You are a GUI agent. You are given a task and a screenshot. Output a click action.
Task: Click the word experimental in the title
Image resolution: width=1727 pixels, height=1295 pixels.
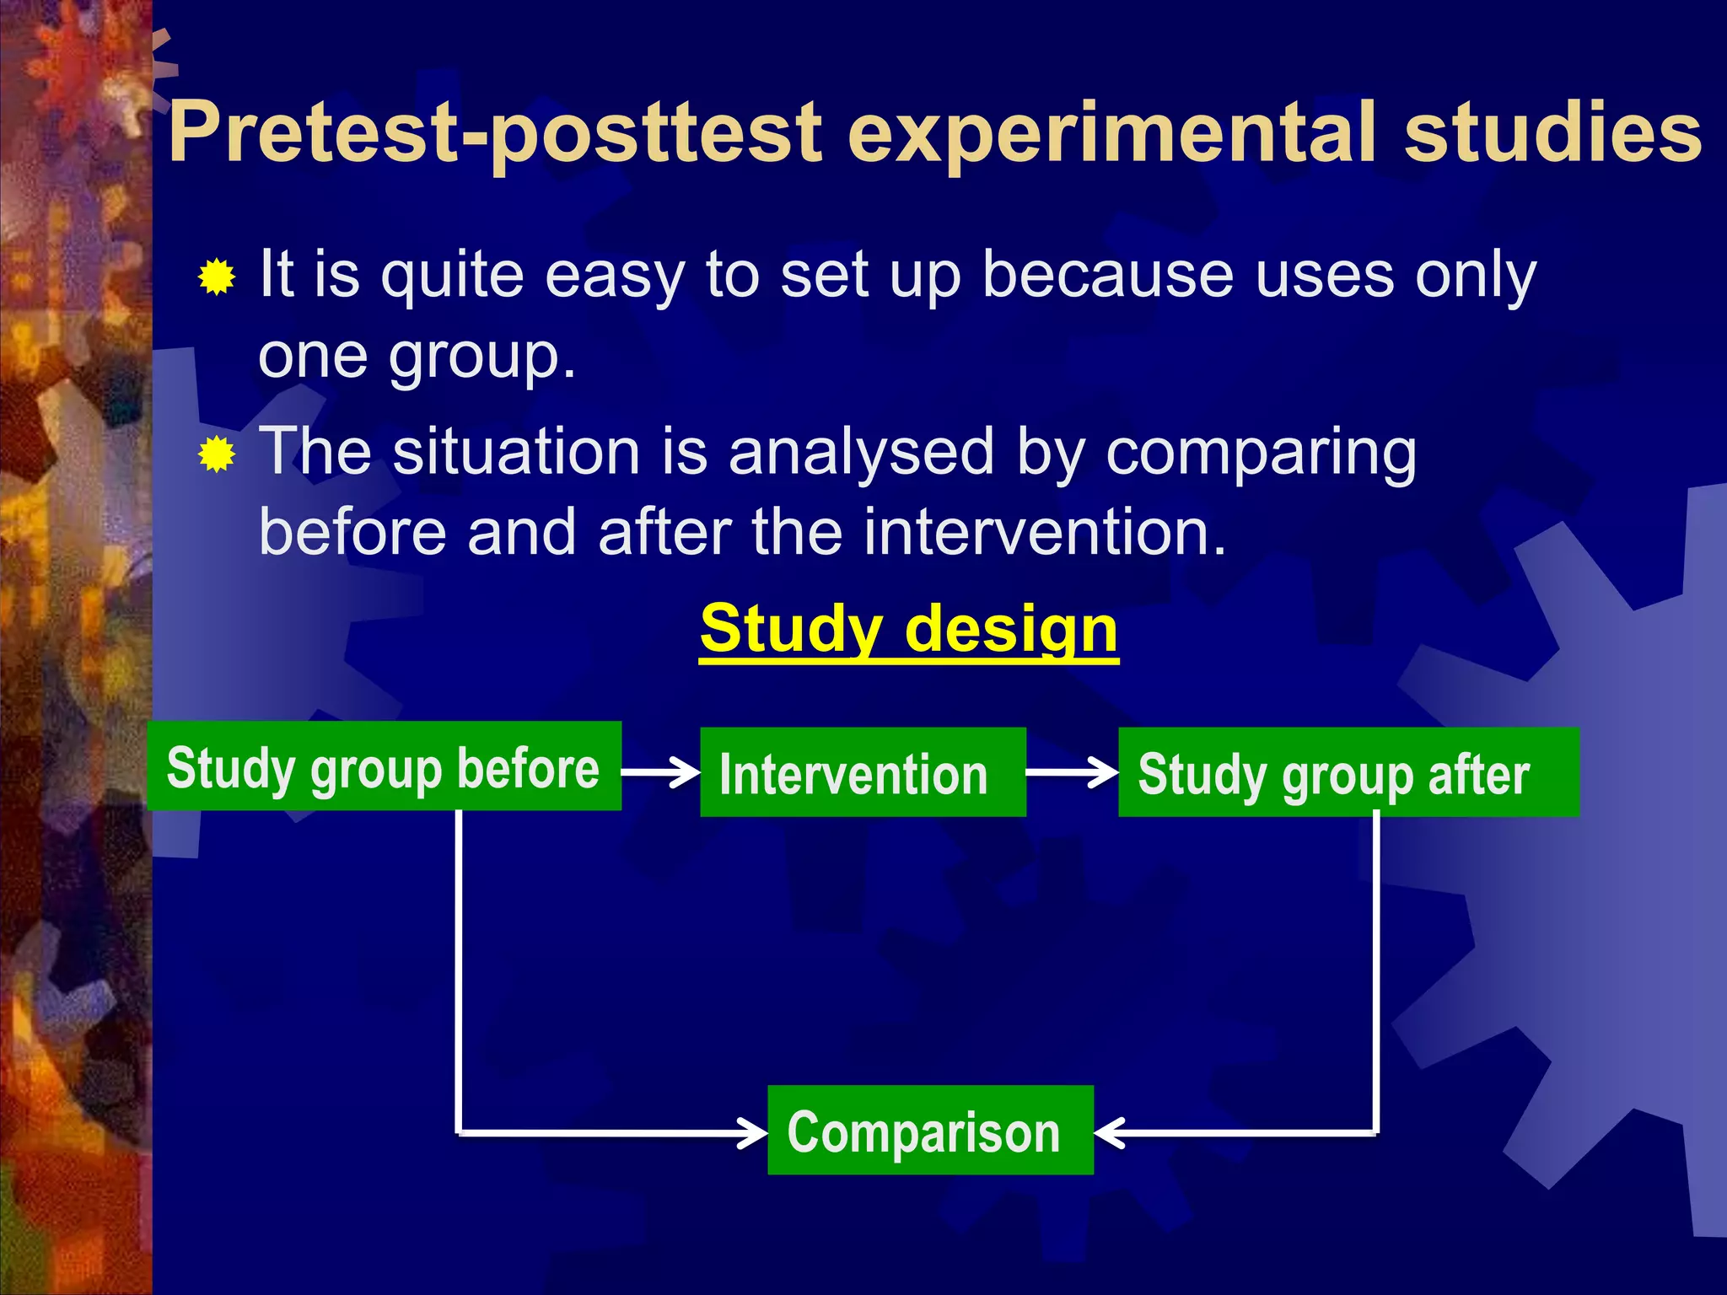[1112, 133]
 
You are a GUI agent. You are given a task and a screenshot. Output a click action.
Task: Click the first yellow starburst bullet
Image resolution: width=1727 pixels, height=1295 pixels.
[217, 277]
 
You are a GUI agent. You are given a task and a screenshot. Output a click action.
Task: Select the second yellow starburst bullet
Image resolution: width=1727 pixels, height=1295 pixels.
[217, 455]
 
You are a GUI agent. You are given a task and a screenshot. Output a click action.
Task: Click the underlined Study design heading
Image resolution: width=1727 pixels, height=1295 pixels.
[909, 630]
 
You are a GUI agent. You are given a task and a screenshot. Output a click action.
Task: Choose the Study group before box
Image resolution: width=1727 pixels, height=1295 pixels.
[384, 766]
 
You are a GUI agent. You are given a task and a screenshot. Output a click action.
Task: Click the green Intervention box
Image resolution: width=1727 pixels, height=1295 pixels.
[863, 772]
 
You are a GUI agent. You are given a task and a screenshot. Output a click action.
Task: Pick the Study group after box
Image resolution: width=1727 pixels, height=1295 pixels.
[1348, 772]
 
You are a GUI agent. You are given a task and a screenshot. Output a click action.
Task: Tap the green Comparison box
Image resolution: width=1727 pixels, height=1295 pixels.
[930, 1131]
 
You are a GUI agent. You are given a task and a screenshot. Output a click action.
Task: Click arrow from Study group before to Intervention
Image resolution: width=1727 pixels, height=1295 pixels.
[660, 771]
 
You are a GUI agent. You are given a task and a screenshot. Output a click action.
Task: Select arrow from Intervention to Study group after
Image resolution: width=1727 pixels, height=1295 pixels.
[1072, 771]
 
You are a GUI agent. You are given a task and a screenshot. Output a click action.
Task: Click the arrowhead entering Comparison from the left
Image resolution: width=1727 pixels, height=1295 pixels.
[752, 1132]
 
